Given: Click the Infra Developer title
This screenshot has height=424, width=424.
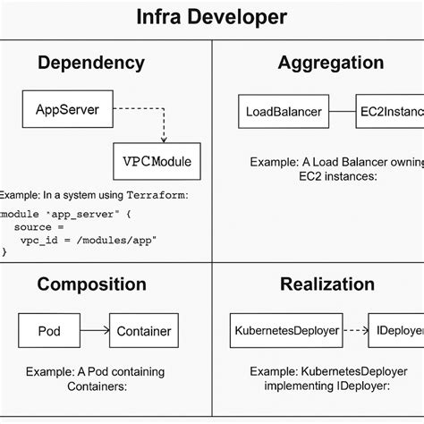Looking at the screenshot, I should coord(212,17).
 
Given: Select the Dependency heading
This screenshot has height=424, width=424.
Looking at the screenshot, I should coord(90,63).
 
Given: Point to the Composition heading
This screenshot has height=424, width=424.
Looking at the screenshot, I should coord(91,284).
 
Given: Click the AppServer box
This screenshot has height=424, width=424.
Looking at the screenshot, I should coord(66,111).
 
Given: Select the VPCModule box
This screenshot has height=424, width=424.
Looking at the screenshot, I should coord(157,162).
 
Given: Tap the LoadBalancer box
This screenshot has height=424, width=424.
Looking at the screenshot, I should coord(283,112).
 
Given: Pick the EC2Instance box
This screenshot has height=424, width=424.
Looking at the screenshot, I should coord(389,112).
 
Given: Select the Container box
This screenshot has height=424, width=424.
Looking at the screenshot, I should coord(143,331).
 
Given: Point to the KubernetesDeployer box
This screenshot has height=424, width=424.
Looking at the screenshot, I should coord(285,330).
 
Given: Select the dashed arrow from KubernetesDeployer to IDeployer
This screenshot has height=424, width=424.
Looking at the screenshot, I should coord(356,330).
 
